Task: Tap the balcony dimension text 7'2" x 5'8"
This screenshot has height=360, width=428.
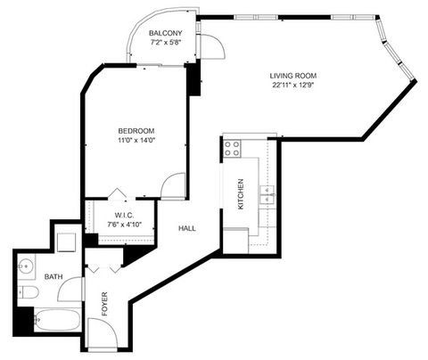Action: coord(168,41)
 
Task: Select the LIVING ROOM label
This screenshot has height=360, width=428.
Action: coord(294,76)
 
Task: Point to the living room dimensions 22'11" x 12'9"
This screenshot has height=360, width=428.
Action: coord(294,86)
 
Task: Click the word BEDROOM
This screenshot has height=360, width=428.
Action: coord(136,130)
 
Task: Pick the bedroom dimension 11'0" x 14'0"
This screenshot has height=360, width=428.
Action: coord(136,140)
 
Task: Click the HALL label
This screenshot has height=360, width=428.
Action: coord(187,229)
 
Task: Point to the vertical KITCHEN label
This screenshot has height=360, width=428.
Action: coord(240,193)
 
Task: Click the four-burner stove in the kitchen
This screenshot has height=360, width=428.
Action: coord(234,148)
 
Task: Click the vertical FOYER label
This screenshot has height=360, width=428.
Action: coord(105,304)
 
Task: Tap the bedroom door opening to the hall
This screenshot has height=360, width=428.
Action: coord(175,185)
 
